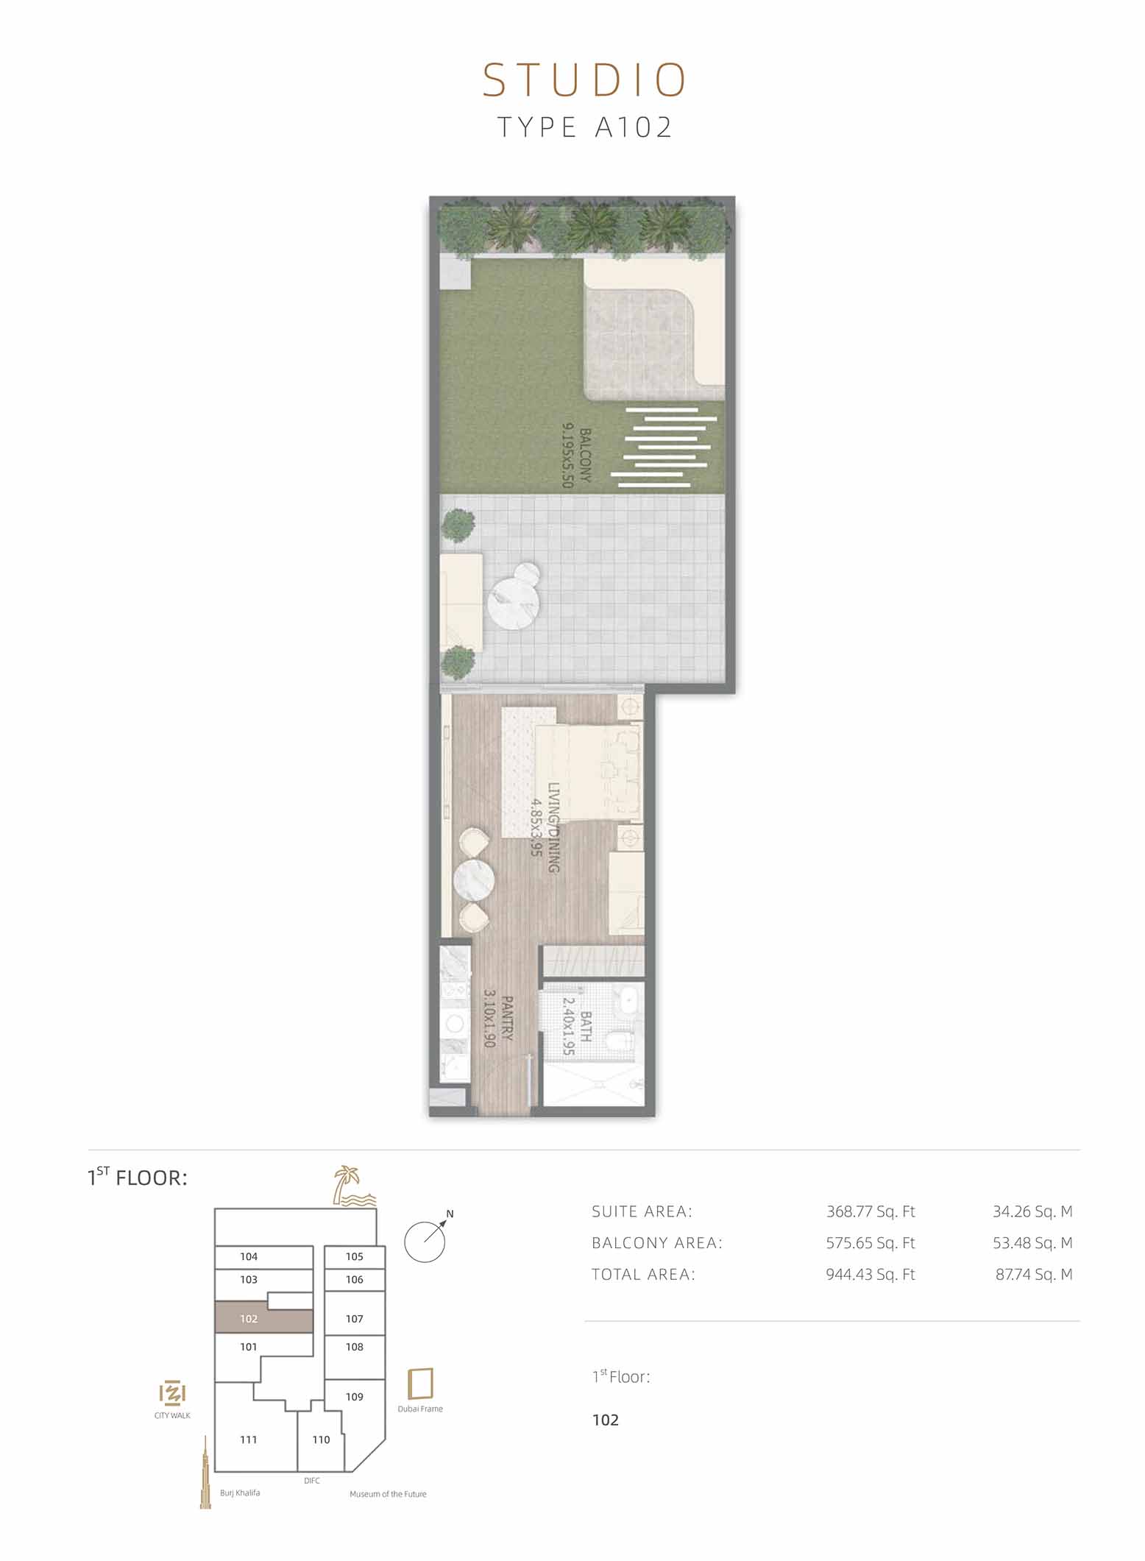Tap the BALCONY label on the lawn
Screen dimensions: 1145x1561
(x=586, y=455)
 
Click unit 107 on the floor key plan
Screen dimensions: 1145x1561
(x=355, y=1319)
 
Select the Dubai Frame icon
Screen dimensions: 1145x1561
(x=421, y=1384)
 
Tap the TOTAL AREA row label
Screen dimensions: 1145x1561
(x=643, y=1275)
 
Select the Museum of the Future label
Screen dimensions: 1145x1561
(x=388, y=1494)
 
